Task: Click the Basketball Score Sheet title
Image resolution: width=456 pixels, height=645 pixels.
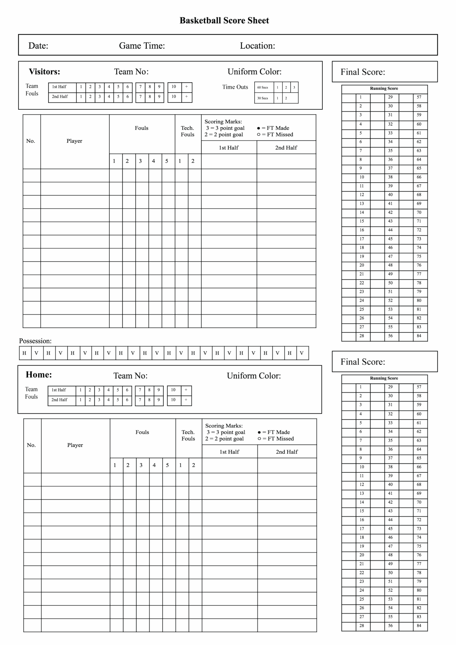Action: (x=224, y=20)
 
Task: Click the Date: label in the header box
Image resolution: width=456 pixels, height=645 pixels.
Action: (x=38, y=46)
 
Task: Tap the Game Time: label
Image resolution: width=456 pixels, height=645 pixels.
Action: (x=142, y=46)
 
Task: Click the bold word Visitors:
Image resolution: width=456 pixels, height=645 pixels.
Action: (x=44, y=72)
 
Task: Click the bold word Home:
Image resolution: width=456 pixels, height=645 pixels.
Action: (x=39, y=374)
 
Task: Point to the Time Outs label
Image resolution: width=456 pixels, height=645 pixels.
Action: (x=235, y=87)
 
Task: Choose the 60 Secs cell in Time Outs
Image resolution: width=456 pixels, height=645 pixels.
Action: (x=263, y=87)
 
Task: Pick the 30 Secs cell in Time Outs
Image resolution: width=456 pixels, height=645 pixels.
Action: (x=263, y=98)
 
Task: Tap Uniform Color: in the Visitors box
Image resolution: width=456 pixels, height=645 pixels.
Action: (x=254, y=72)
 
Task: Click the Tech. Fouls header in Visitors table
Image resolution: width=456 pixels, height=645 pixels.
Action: (x=187, y=131)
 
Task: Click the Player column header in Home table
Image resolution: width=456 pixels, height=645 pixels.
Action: (x=75, y=445)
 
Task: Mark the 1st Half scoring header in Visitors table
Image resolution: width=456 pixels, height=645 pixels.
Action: (x=229, y=148)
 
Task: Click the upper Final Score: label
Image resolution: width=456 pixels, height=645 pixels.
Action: (x=363, y=72)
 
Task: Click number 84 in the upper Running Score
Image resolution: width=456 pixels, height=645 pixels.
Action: (x=419, y=336)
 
